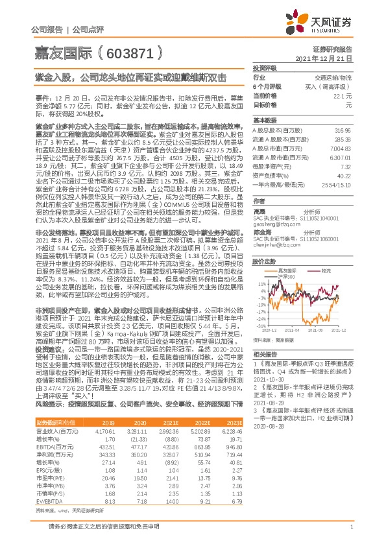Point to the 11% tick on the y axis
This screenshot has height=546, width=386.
pyautogui.click(x=261, y=283)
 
